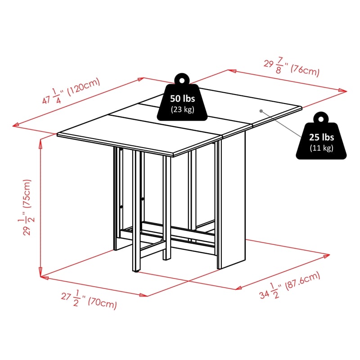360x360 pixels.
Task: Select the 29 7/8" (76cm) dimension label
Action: [291, 67]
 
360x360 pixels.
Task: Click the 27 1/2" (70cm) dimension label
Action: [89, 300]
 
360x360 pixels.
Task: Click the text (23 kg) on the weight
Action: [182, 109]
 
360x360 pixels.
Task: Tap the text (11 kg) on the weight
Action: [321, 148]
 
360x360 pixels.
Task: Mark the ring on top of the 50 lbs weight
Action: [182, 79]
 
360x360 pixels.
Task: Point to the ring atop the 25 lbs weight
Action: [321, 118]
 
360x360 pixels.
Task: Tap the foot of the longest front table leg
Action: [135, 271]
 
